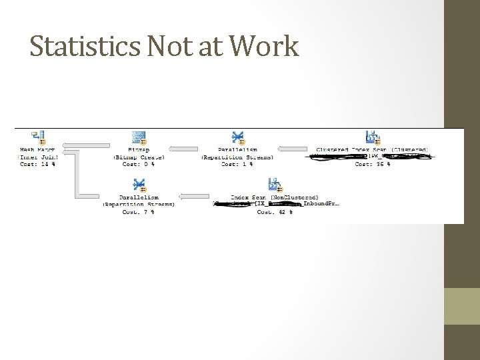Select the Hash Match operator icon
(x=37, y=138)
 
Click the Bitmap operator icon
(x=139, y=138)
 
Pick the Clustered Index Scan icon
(x=373, y=138)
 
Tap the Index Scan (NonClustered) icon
(x=275, y=185)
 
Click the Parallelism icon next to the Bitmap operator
(x=237, y=138)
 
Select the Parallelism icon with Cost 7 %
(x=139, y=185)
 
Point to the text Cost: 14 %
(x=37, y=164)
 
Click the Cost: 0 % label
(x=139, y=164)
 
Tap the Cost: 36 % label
(x=373, y=164)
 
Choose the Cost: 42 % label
(x=275, y=211)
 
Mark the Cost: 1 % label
(x=237, y=164)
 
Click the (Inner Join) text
(x=37, y=157)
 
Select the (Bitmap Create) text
(x=139, y=157)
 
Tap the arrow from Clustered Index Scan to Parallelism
(x=293, y=149)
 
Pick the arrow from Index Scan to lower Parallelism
(x=197, y=197)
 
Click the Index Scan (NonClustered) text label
(x=275, y=197)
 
